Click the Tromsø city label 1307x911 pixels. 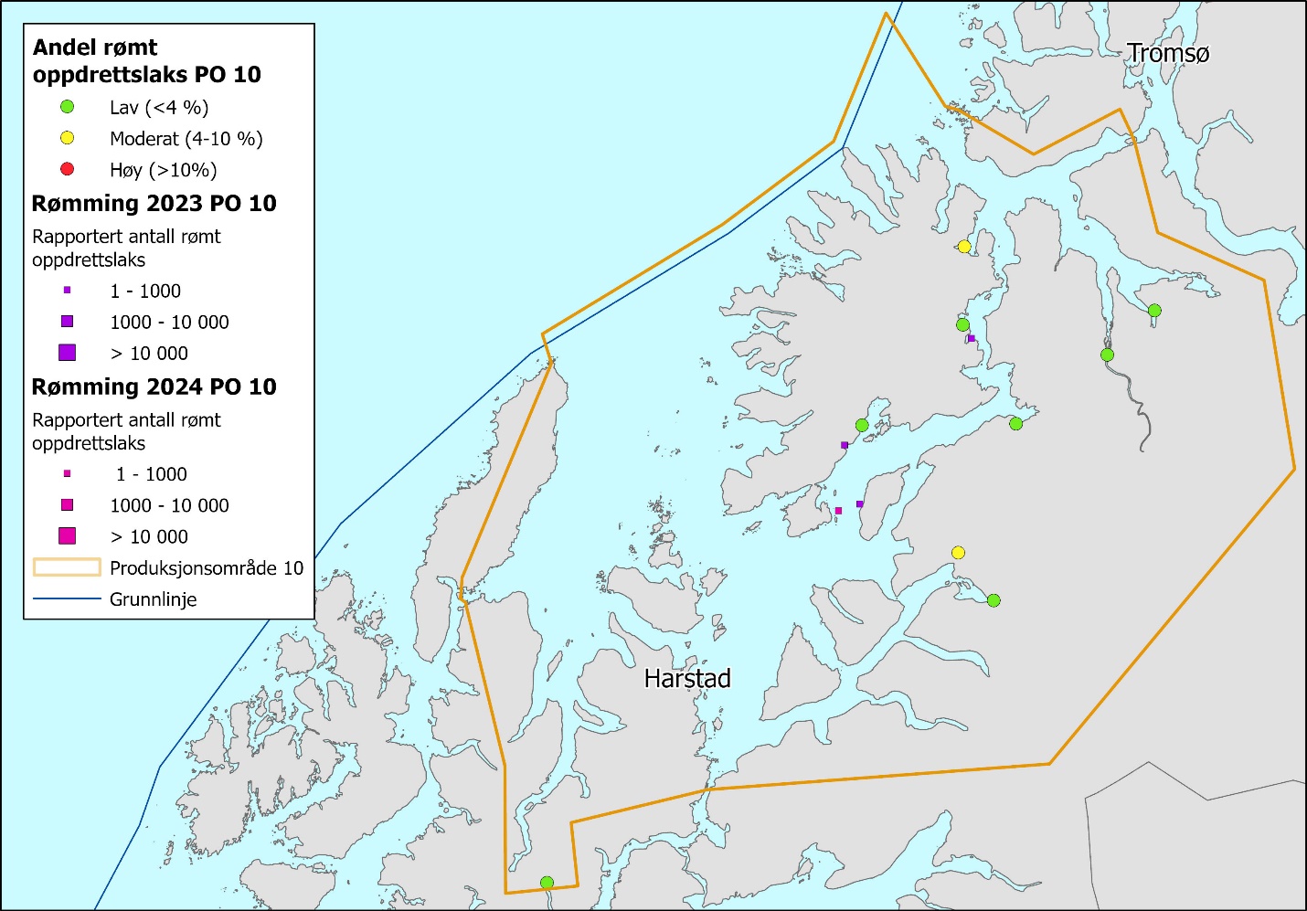pyautogui.click(x=1167, y=53)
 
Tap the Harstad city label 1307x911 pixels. pyautogui.click(x=687, y=678)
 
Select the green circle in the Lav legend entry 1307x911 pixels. pyautogui.click(x=67, y=107)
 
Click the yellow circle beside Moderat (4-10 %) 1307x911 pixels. pyautogui.click(x=67, y=138)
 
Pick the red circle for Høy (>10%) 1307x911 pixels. pyautogui.click(x=67, y=169)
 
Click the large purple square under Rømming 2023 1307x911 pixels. pyautogui.click(x=67, y=353)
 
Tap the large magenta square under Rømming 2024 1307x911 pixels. pyautogui.click(x=67, y=536)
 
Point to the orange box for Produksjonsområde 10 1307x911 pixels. pyautogui.click(x=67, y=567)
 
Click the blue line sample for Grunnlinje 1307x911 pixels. pyautogui.click(x=67, y=599)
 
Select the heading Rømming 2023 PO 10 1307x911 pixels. pyautogui.click(x=154, y=203)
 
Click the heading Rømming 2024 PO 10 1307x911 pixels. pyautogui.click(x=154, y=387)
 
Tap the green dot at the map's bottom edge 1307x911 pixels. pyautogui.click(x=547, y=883)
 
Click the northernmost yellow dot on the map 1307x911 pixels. pyautogui.click(x=964, y=247)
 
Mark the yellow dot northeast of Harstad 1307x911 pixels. pyautogui.click(x=958, y=553)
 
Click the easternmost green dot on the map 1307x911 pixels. pyautogui.click(x=1154, y=311)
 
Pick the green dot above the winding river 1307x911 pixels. pyautogui.click(x=1107, y=355)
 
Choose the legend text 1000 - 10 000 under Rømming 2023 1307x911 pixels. pyautogui.click(x=169, y=322)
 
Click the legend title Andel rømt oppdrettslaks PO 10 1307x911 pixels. pyautogui.click(x=146, y=61)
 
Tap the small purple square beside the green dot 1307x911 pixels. pyautogui.click(x=972, y=339)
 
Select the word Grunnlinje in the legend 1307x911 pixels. pyautogui.click(x=153, y=599)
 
